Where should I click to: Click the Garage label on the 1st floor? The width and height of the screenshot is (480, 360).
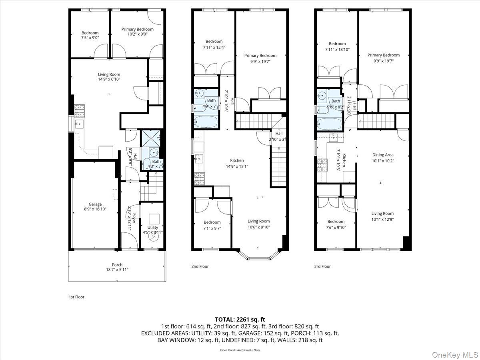(x=95, y=204)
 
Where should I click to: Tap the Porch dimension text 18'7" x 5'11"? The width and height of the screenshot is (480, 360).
(x=117, y=270)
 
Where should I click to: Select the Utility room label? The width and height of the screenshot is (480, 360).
(x=153, y=227)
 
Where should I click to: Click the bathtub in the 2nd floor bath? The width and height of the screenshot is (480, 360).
(x=206, y=122)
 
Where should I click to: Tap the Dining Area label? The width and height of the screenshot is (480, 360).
(x=383, y=155)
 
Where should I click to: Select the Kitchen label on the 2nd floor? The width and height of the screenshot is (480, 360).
(x=236, y=160)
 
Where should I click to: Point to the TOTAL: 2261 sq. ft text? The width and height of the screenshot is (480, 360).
(x=240, y=319)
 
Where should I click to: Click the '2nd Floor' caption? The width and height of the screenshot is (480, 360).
(x=200, y=266)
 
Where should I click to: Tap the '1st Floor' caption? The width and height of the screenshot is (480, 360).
(x=77, y=297)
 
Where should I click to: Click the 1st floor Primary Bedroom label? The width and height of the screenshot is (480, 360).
(x=137, y=29)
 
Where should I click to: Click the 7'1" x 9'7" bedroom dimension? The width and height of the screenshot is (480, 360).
(x=212, y=228)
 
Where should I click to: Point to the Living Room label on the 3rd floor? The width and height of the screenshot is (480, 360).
(x=382, y=214)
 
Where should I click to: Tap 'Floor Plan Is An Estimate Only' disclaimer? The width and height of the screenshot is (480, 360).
(x=240, y=350)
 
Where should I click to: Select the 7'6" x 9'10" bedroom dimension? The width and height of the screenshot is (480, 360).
(x=336, y=227)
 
